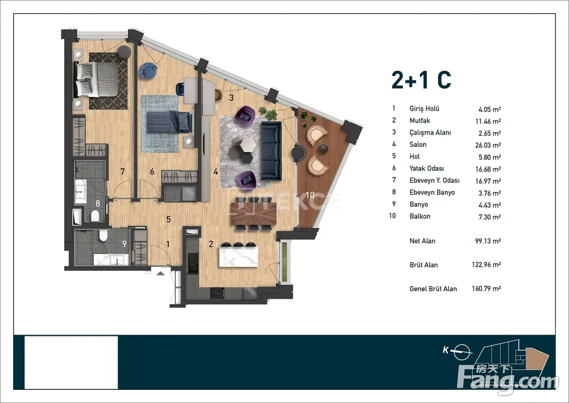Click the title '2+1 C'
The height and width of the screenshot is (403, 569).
(421, 80)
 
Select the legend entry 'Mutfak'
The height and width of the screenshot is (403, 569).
(419, 121)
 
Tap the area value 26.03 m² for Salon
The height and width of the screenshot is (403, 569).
(488, 145)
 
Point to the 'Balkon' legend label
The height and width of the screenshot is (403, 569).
(420, 216)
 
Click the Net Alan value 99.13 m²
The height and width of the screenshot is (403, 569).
(488, 241)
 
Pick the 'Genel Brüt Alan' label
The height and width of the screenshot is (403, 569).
(433, 288)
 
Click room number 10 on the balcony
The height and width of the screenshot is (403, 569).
(310, 195)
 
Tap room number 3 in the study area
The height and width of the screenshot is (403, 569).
(231, 97)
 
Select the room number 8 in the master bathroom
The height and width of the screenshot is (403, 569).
(98, 203)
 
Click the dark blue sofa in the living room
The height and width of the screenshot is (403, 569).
(271, 151)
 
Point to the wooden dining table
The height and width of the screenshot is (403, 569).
(253, 213)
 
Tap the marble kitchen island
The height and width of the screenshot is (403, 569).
(238, 257)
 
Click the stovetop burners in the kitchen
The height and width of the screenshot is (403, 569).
(217, 293)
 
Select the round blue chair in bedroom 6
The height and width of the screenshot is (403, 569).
(148, 71)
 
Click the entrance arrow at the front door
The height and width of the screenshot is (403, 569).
(160, 273)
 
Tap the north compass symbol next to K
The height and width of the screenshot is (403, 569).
(462, 352)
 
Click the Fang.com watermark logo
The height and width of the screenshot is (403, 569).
(508, 378)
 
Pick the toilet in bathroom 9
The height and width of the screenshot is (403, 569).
(104, 235)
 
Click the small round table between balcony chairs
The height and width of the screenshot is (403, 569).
(323, 149)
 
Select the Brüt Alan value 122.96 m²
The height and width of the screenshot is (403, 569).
(486, 264)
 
